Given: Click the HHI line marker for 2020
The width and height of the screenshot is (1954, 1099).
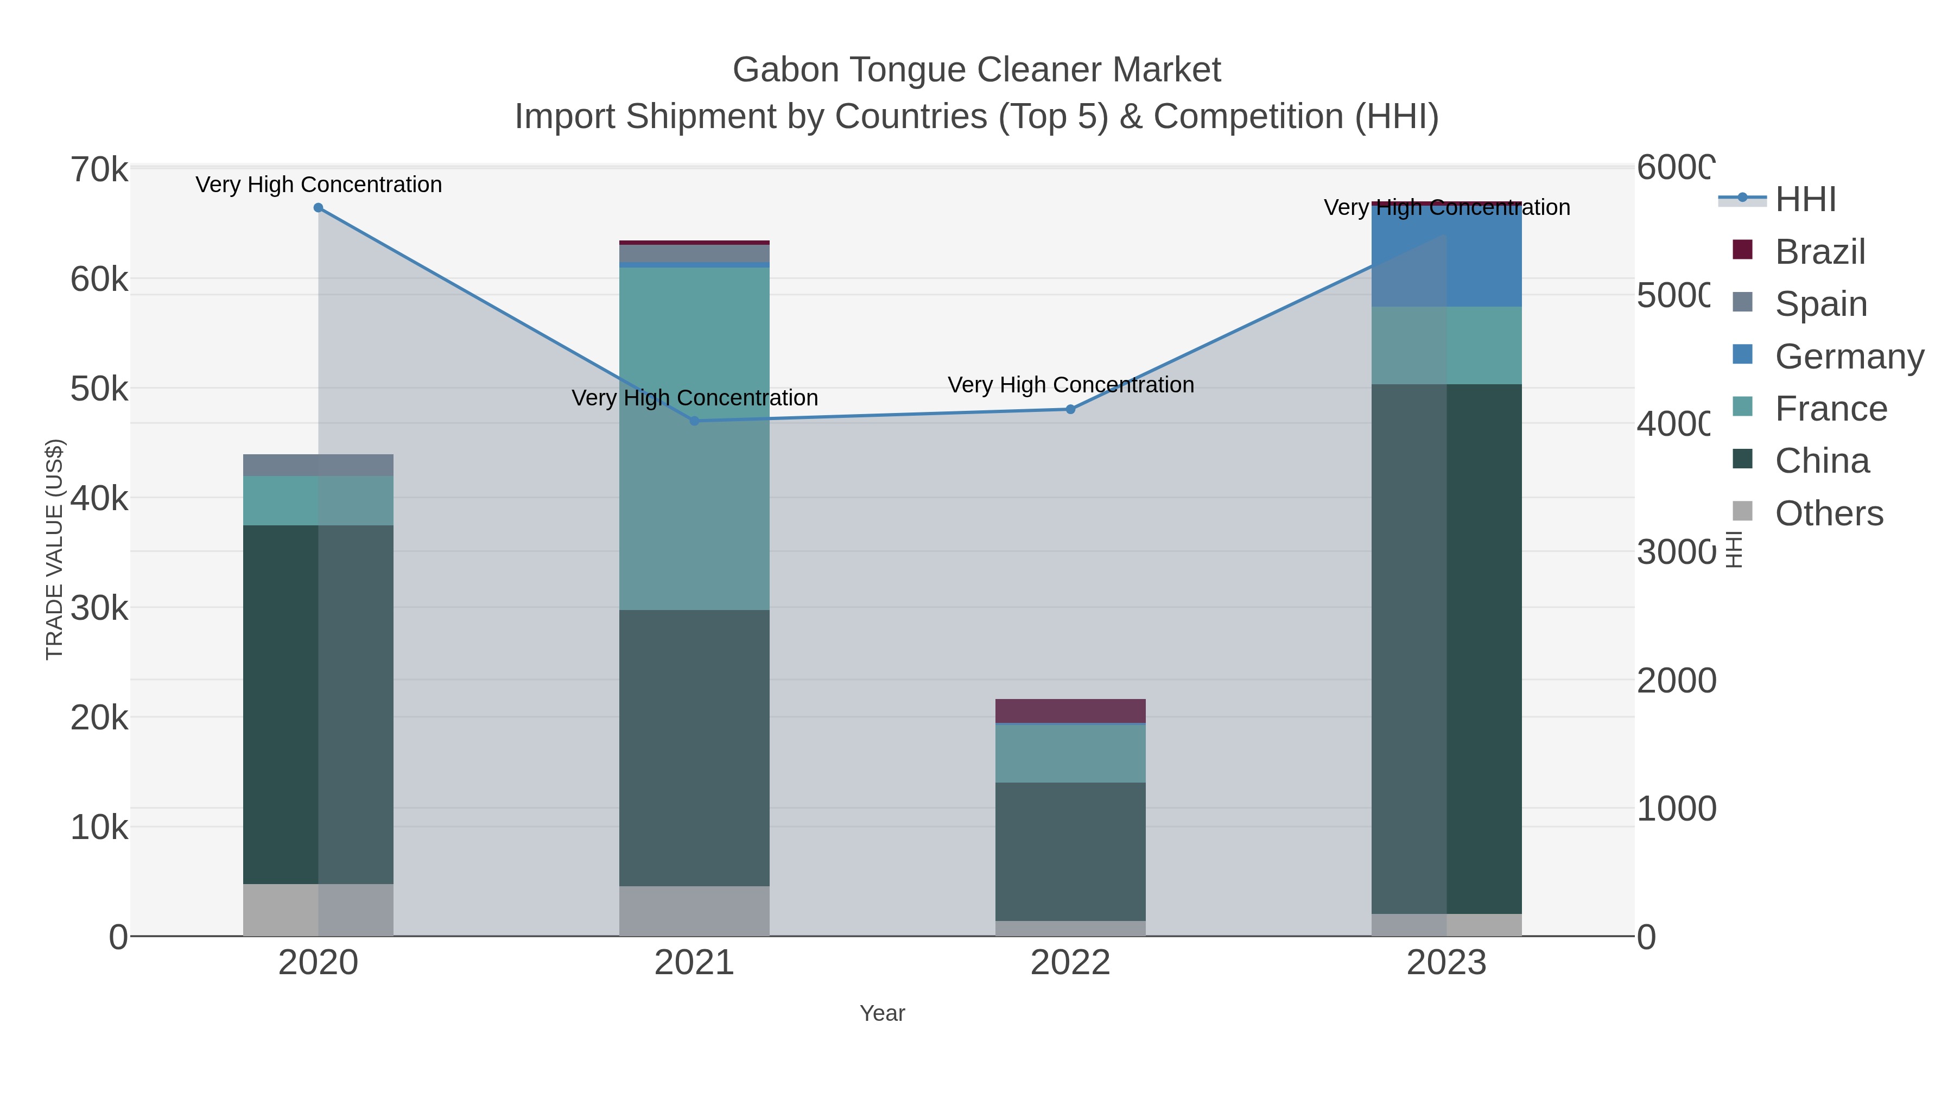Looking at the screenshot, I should click(319, 208).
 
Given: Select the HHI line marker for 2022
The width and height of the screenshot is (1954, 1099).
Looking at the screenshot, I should click(1070, 410).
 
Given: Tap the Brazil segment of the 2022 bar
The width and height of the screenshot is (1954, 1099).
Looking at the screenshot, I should click(1070, 710).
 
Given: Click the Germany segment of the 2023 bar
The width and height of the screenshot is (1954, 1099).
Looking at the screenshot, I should click(1447, 256).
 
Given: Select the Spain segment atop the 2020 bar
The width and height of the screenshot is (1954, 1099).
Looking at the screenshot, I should click(319, 465).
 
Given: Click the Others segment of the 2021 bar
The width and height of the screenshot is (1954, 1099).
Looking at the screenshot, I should click(694, 910).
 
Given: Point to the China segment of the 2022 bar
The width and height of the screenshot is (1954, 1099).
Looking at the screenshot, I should click(1070, 851).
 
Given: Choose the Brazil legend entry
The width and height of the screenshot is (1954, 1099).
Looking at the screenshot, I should click(1818, 252).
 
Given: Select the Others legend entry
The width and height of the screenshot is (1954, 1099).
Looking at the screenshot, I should click(1828, 513).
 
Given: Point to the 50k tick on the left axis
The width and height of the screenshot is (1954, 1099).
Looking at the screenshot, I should click(99, 389).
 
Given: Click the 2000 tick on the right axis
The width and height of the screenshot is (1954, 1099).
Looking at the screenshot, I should click(1676, 681).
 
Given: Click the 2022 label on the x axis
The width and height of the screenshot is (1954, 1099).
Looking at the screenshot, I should click(1070, 962).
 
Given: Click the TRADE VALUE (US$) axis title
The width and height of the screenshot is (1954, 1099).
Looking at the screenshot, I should click(55, 549).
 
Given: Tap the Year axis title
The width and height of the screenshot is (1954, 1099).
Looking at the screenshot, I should click(882, 1013).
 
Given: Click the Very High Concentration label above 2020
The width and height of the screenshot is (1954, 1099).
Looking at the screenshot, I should click(319, 185).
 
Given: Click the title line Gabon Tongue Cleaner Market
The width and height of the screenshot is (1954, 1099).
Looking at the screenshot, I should click(976, 70).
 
